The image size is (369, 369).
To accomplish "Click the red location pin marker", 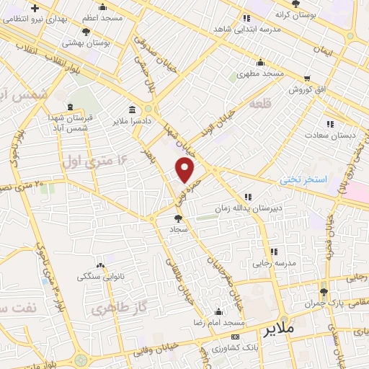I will coord(185,170).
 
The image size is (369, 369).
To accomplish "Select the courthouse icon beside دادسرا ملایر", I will coord(131,110).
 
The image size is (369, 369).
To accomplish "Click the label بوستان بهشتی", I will coord(105,43).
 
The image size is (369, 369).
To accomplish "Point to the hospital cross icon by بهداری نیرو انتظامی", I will coord(35,7).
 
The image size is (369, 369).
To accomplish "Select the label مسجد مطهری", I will coord(261,74).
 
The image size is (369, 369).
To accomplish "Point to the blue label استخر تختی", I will coord(304,178).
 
